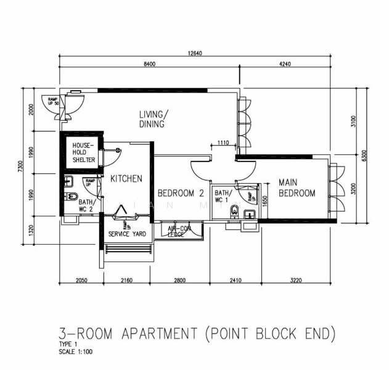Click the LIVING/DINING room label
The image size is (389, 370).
[x=152, y=119]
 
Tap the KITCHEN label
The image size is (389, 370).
[x=126, y=179]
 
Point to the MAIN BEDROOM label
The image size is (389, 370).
[x=297, y=188]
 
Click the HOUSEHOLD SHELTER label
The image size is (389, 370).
[x=83, y=152]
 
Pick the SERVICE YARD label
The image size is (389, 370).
[x=126, y=234]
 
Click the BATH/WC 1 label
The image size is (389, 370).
[x=223, y=196]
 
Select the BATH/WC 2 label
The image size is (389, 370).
[x=86, y=205]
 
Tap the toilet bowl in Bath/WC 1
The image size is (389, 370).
[x=233, y=213]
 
